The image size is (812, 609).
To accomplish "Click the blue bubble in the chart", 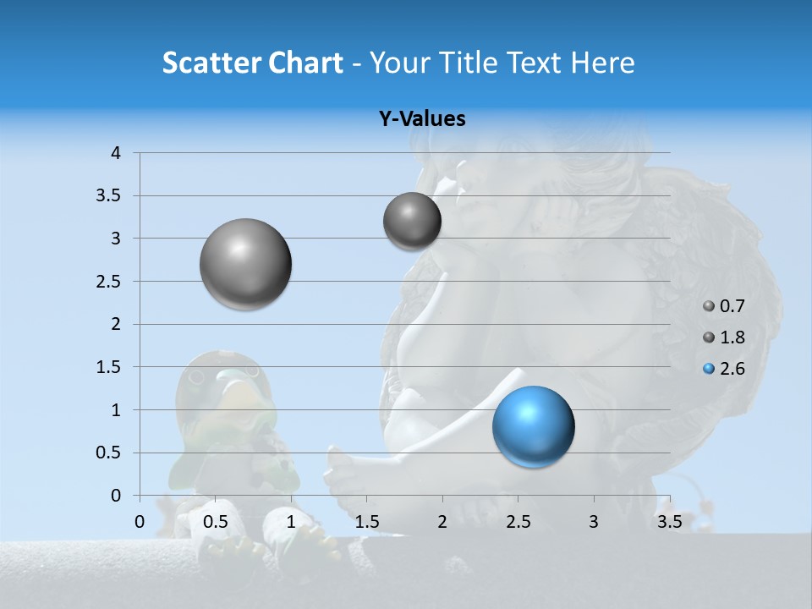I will click(x=533, y=426).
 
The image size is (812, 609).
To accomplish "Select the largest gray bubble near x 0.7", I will click(x=246, y=264).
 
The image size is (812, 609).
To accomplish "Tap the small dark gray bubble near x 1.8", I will click(x=412, y=221).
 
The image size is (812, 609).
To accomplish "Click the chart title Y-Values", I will click(x=421, y=119).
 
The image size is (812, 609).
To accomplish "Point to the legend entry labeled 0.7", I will click(x=724, y=306).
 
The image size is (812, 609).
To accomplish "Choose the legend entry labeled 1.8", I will click(x=724, y=337).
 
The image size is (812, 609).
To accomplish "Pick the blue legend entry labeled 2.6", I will click(x=724, y=369).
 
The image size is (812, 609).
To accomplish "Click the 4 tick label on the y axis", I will click(x=116, y=153).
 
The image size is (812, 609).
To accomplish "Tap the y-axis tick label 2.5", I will click(x=108, y=282).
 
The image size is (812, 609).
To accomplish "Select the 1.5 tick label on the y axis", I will click(x=108, y=367).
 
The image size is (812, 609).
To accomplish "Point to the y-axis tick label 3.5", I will click(x=108, y=196).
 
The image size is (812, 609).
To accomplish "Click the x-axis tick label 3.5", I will click(x=669, y=522).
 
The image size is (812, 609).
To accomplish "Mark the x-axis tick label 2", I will click(x=442, y=522).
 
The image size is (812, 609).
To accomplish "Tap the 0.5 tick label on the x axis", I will click(x=216, y=522).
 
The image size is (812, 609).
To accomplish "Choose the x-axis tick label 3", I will click(x=594, y=522).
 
